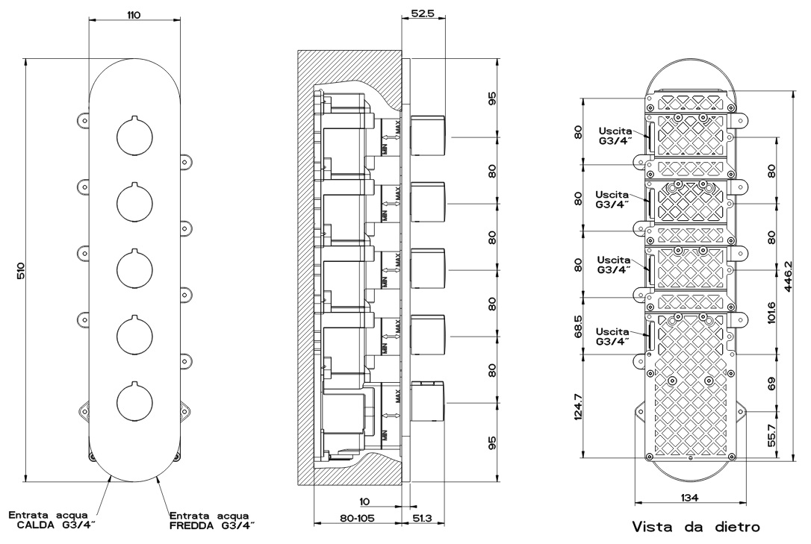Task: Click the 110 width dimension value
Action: (x=134, y=15)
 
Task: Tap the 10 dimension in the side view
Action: (x=365, y=502)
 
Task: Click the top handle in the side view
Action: (x=429, y=134)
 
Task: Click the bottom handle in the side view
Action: (x=429, y=402)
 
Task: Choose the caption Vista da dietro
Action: (x=696, y=528)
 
